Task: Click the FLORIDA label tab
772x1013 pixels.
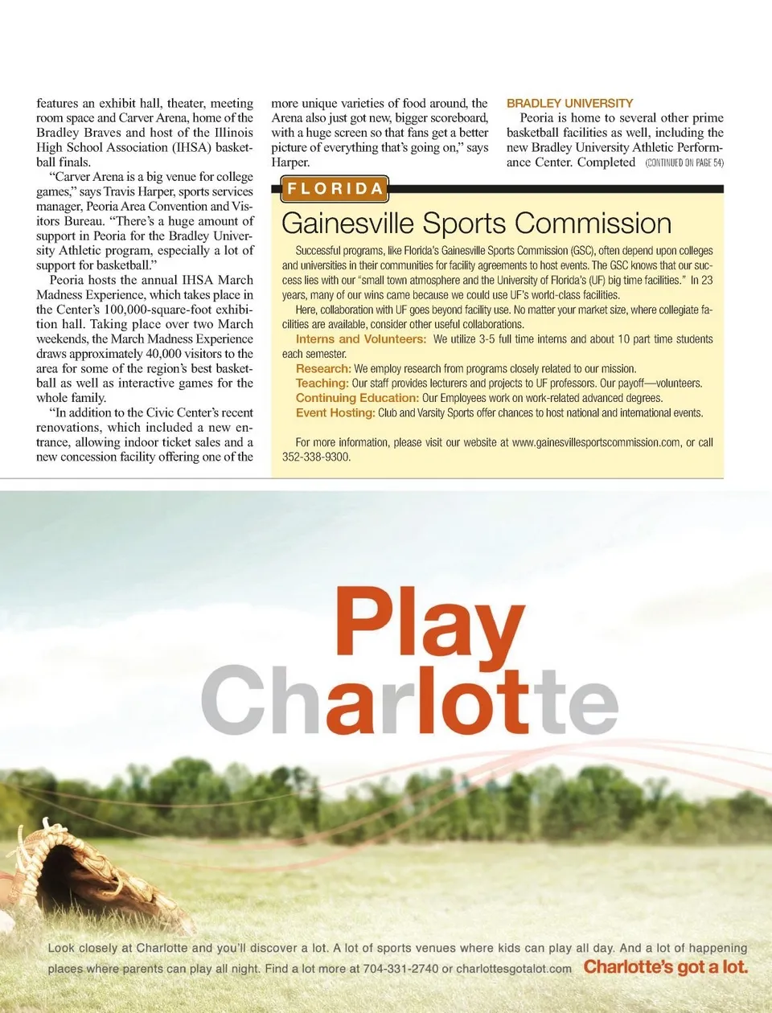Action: click(335, 189)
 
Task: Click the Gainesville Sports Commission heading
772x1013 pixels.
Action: click(476, 224)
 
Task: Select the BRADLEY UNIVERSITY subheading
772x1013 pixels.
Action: click(569, 103)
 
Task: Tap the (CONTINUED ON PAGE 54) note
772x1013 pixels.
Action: click(684, 163)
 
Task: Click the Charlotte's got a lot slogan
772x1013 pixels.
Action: click(665, 967)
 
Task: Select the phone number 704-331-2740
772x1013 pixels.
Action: click(400, 969)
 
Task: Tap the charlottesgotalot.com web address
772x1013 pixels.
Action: click(514, 969)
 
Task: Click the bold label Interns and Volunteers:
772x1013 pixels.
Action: click(361, 339)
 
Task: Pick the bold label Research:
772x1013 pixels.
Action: click(323, 369)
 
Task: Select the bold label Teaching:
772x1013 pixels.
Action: click(322, 383)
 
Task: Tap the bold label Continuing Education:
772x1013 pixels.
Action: click(357, 398)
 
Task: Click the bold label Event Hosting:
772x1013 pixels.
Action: click(335, 412)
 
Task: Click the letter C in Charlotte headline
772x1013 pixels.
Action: click(233, 701)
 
